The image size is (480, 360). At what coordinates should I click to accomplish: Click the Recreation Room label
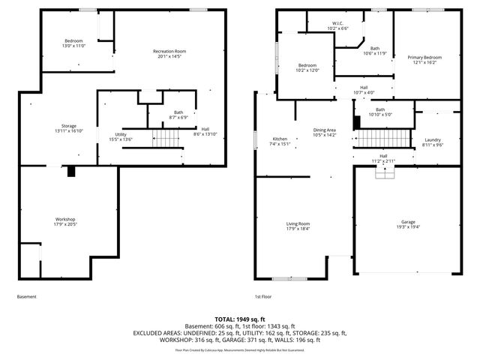click(x=169, y=51)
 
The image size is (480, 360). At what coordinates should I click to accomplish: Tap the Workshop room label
click(x=65, y=219)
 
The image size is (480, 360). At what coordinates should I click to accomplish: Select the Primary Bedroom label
click(x=424, y=58)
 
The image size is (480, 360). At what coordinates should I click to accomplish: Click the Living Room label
click(x=298, y=223)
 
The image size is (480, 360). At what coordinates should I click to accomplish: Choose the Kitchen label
click(x=280, y=139)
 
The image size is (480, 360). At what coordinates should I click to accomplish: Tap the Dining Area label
click(x=325, y=130)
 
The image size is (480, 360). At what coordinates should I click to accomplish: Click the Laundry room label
click(x=432, y=139)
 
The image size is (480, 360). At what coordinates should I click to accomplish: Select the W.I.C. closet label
click(x=338, y=23)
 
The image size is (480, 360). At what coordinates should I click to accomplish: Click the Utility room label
click(x=120, y=134)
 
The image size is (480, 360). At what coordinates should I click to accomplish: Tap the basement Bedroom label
click(x=73, y=40)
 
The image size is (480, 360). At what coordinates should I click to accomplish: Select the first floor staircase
click(x=383, y=139)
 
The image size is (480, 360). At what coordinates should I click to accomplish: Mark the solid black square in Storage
click(x=71, y=171)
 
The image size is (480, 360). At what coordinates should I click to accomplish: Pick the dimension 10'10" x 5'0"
click(x=380, y=115)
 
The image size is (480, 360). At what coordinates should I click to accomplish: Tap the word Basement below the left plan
click(x=26, y=296)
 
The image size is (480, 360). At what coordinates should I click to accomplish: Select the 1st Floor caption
click(x=262, y=296)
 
